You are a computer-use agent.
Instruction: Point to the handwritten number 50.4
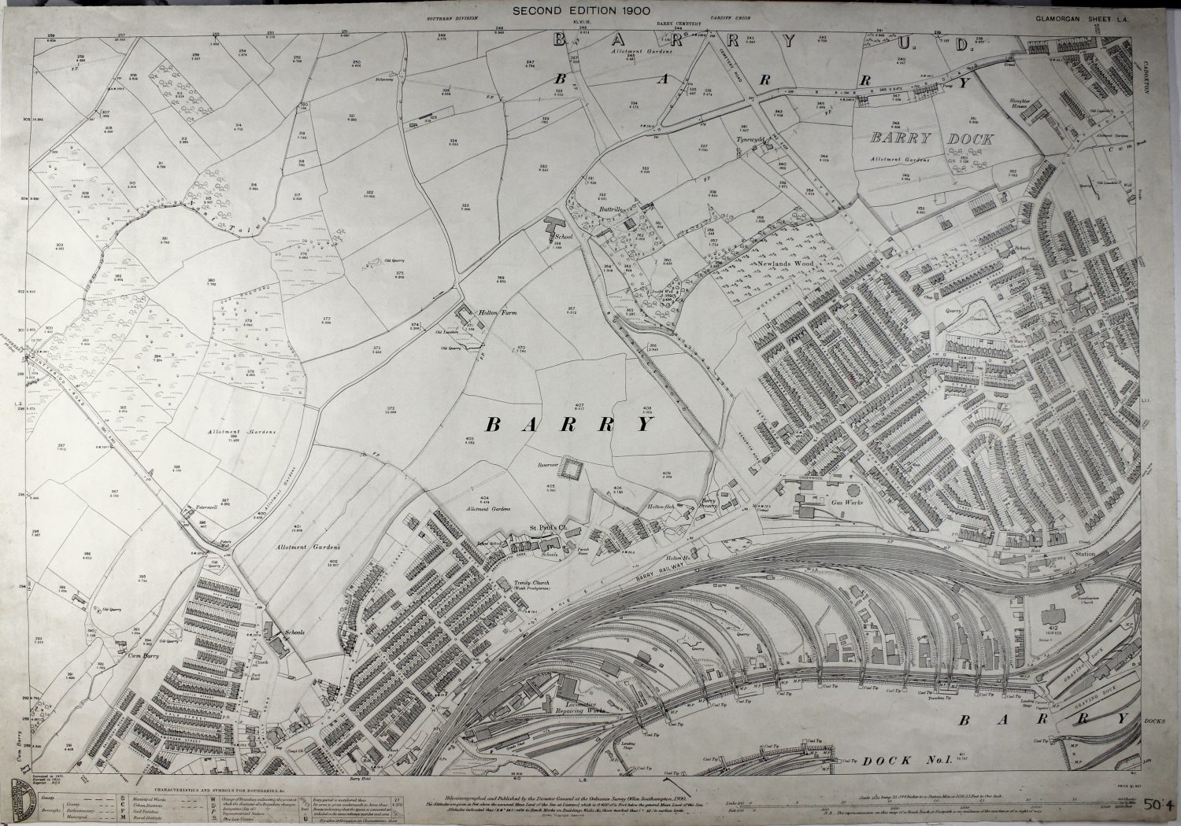tap(1160, 805)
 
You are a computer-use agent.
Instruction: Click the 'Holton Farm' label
tap(497, 312)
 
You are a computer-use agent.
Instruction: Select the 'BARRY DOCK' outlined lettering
tap(931, 139)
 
